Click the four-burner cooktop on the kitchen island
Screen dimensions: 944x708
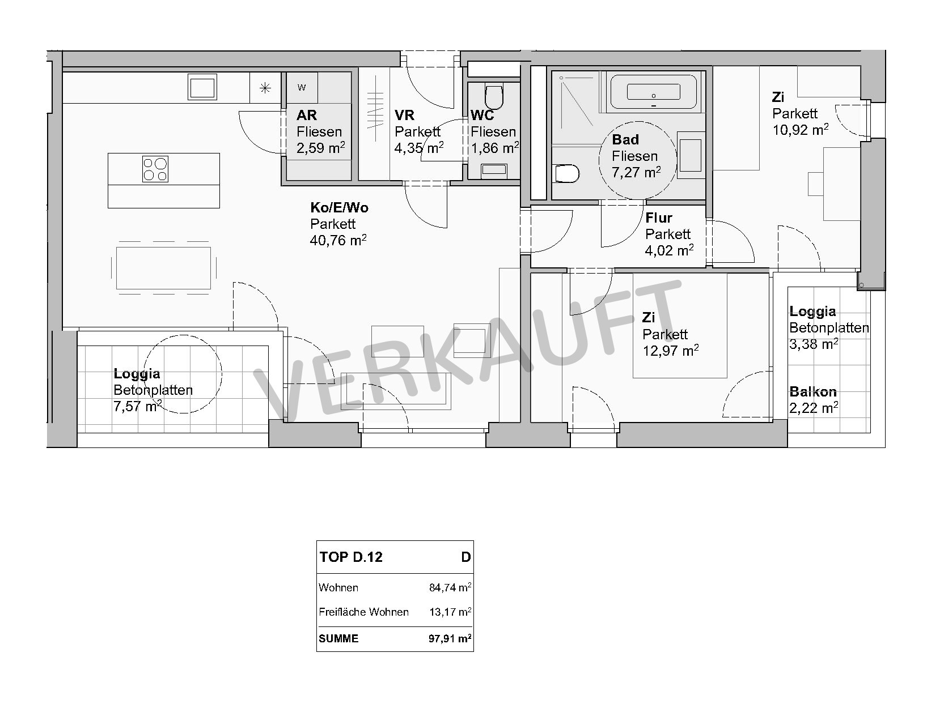(155, 169)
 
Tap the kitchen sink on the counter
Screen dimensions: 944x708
(202, 87)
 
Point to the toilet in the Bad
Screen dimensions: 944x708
(568, 173)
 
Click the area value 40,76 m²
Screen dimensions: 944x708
(338, 240)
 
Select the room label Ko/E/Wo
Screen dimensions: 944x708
(339, 208)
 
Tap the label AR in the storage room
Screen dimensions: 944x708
(307, 115)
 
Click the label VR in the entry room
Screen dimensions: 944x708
(405, 115)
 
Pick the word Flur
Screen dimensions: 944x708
(658, 218)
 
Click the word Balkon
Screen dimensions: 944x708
(813, 392)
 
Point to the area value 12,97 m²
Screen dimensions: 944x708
(671, 351)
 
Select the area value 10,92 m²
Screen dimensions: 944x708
(801, 130)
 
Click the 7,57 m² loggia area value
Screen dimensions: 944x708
(138, 406)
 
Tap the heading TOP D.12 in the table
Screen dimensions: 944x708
(351, 557)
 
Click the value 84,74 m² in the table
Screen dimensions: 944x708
(450, 587)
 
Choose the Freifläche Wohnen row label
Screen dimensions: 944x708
(364, 612)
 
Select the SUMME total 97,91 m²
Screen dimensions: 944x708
(450, 638)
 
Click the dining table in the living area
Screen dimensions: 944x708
(163, 268)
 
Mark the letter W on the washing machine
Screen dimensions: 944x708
(302, 88)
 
